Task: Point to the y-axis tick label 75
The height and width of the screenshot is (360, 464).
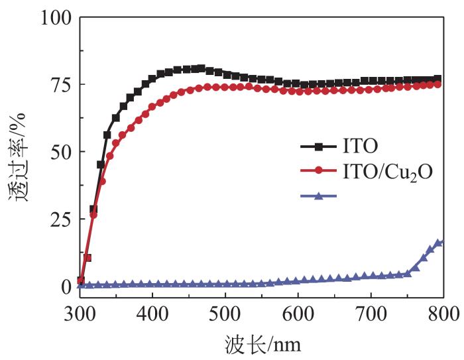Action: pyautogui.click(x=61, y=85)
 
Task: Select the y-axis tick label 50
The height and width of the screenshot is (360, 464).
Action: pyautogui.click(x=61, y=152)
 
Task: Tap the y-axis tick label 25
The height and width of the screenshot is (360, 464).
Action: pyautogui.click(x=61, y=219)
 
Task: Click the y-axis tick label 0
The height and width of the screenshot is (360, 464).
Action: pyautogui.click(x=66, y=286)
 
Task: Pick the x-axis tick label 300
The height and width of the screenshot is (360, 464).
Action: pyautogui.click(x=80, y=314)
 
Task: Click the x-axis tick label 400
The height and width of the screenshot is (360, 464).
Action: pyautogui.click(x=152, y=314)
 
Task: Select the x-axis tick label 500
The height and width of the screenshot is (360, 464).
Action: pyautogui.click(x=225, y=314)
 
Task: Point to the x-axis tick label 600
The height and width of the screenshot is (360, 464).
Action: pyautogui.click(x=298, y=314)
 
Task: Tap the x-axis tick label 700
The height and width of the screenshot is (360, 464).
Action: pyautogui.click(x=371, y=314)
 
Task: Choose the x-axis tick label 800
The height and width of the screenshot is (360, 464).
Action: pyautogui.click(x=443, y=314)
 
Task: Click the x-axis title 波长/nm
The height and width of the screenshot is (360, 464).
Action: pyautogui.click(x=262, y=344)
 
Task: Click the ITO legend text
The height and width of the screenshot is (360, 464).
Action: pyautogui.click(x=360, y=146)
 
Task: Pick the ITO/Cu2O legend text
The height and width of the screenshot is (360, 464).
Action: pyautogui.click(x=388, y=172)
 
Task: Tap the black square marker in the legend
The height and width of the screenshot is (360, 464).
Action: pyautogui.click(x=319, y=147)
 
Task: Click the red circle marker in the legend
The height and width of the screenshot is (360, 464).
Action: pyautogui.click(x=319, y=170)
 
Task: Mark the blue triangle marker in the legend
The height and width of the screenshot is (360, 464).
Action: pyautogui.click(x=319, y=196)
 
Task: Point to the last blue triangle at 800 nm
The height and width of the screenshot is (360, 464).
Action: pyautogui.click(x=441, y=243)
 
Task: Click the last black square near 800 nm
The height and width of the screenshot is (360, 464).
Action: pyautogui.click(x=437, y=79)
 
